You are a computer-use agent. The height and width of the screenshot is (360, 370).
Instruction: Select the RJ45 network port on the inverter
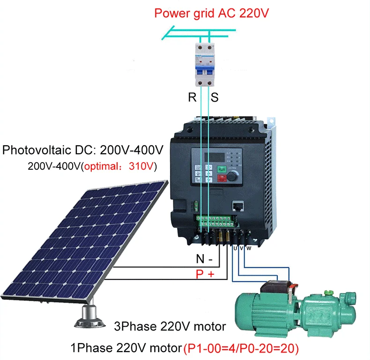click(237, 206)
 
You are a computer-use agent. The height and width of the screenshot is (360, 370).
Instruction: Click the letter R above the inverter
click(192, 98)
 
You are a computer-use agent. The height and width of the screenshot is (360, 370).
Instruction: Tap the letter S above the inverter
click(215, 98)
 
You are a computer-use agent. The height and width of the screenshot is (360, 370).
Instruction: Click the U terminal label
click(235, 248)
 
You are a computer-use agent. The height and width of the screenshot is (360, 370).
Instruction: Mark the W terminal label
click(249, 248)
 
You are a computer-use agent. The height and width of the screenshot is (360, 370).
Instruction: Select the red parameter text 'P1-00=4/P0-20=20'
click(241, 348)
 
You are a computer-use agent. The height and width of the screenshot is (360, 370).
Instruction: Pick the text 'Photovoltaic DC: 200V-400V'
click(83, 150)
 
